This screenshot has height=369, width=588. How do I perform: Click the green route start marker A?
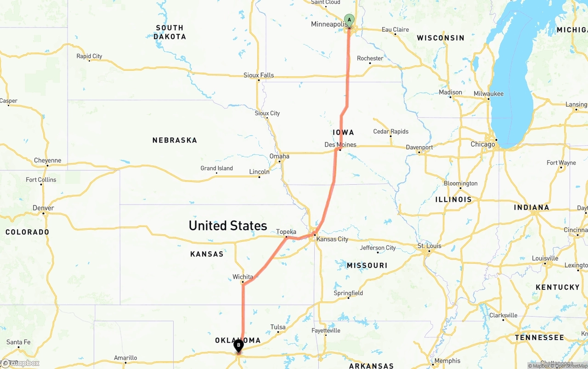(x=349, y=20)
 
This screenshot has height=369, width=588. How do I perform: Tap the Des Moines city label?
(x=340, y=144)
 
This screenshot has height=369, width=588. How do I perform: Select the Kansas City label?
(x=333, y=239)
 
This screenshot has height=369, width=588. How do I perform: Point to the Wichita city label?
(x=243, y=277)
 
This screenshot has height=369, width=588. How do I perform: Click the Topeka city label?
(x=286, y=232)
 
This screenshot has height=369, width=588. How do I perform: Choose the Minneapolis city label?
(x=328, y=24)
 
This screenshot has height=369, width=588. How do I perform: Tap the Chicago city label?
(x=483, y=144)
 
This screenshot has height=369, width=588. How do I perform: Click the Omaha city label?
(x=279, y=156)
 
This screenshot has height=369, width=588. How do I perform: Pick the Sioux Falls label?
(x=259, y=75)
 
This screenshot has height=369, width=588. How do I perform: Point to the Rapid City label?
(x=89, y=56)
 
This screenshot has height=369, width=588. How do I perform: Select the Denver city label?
(x=43, y=208)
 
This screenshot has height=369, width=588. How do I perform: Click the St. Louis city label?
(x=430, y=246)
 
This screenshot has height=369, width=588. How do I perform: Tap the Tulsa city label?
(x=278, y=327)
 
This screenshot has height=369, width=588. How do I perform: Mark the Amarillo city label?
(x=125, y=358)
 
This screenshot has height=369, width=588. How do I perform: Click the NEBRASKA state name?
(x=175, y=140)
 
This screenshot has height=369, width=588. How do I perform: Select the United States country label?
(x=228, y=226)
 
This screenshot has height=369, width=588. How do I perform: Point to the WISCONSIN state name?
(x=441, y=38)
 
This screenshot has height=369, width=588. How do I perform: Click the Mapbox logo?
(x=20, y=363)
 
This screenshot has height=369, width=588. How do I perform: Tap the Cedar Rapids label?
(x=391, y=131)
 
